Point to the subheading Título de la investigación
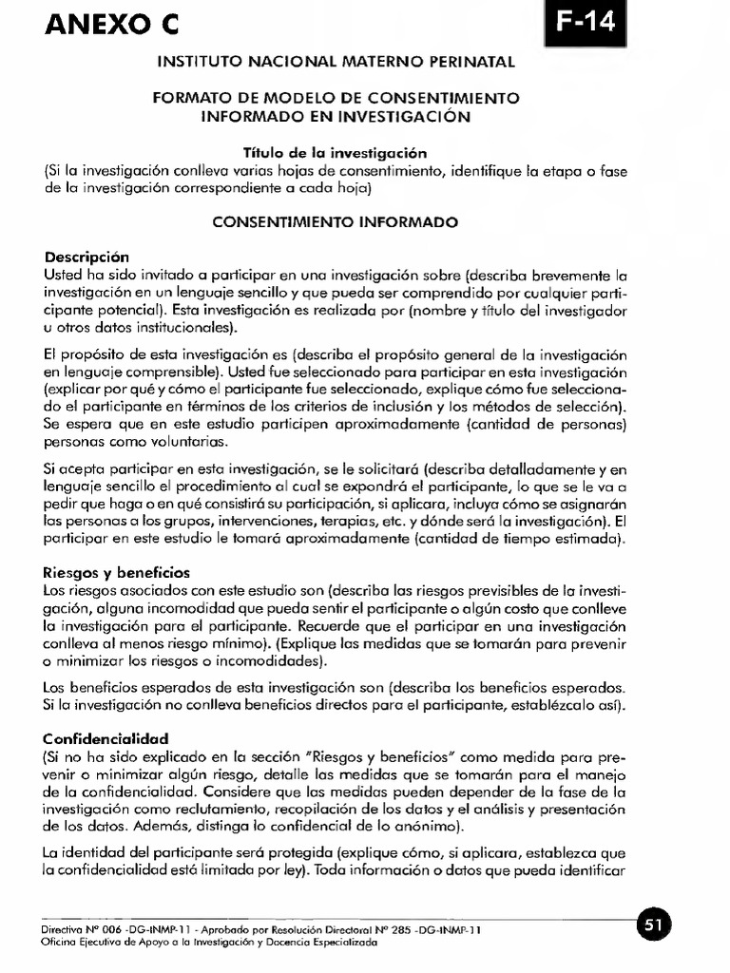(x=336, y=152)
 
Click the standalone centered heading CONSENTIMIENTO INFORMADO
(x=335, y=222)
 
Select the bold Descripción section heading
(x=86, y=257)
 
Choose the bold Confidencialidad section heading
(x=106, y=737)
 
